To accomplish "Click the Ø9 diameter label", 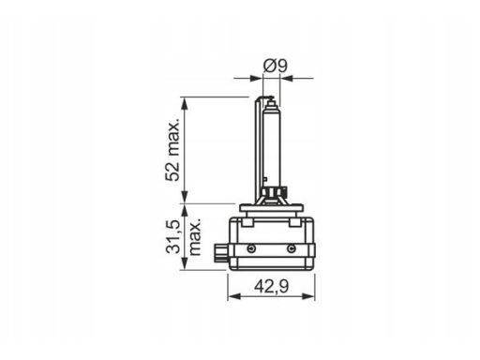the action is coord(275,66).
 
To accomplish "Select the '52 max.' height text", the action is coord(173,150).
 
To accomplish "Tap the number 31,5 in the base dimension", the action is coord(172,236).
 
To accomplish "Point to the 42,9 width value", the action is coord(271,287).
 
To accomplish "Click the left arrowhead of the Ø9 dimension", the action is coord(256,78).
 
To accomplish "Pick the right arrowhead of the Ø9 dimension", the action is coord(287,78).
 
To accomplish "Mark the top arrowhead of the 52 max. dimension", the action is coord(185,103).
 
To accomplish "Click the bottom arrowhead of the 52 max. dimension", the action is coord(185,197).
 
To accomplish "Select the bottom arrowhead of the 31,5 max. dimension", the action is coord(185,263).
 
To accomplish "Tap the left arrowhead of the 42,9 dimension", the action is coord(234,296).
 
